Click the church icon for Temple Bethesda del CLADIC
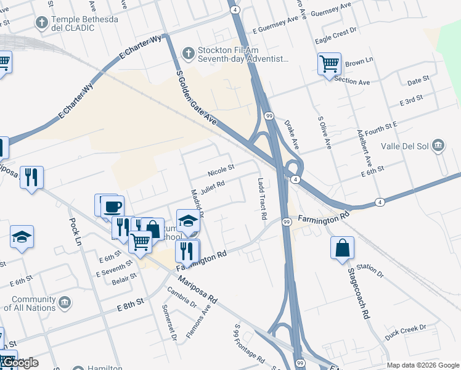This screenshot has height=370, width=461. tap(42, 23)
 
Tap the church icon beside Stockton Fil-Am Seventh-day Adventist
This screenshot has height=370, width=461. tap(189, 54)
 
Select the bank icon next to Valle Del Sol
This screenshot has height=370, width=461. tap(438, 146)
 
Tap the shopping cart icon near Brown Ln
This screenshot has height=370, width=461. tap(329, 63)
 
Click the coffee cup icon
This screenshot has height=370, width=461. tap(112, 207)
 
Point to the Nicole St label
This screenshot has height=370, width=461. tap(221, 168)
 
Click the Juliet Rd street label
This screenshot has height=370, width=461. tap(211, 184)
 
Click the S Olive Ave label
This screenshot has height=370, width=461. tap(325, 133)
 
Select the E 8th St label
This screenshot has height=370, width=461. tap(129, 301)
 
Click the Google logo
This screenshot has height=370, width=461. tap(20, 363)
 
